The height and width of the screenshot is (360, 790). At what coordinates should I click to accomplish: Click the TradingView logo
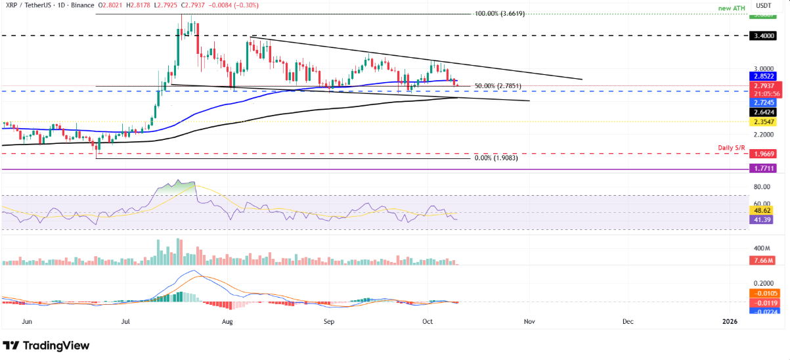coord(46,346)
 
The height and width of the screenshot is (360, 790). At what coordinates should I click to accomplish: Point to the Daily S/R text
coord(761,145)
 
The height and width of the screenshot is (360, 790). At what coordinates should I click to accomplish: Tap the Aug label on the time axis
coord(227,322)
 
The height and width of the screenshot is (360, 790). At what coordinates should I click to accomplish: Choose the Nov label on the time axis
coord(528,322)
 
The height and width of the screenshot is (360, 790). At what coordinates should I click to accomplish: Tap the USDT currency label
coord(763,5)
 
